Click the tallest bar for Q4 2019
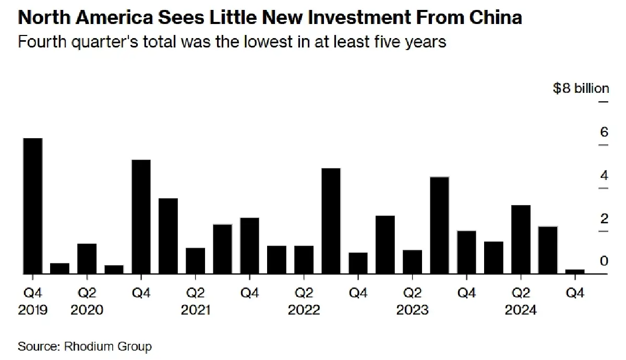point(32,206)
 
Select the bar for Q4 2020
point(141,217)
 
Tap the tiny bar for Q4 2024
point(575,271)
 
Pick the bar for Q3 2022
point(331,221)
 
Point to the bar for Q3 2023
point(439,225)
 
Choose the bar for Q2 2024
point(521,239)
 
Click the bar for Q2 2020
point(87,258)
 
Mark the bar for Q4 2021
point(249,245)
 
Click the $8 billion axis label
point(581,88)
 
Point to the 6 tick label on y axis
point(604,132)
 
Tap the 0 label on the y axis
point(604,261)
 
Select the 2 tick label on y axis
point(604,218)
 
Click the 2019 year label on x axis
point(32,310)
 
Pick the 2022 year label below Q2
point(304,310)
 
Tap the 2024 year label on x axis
point(521,310)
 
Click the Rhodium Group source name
point(107,346)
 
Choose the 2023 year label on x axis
point(412,310)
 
